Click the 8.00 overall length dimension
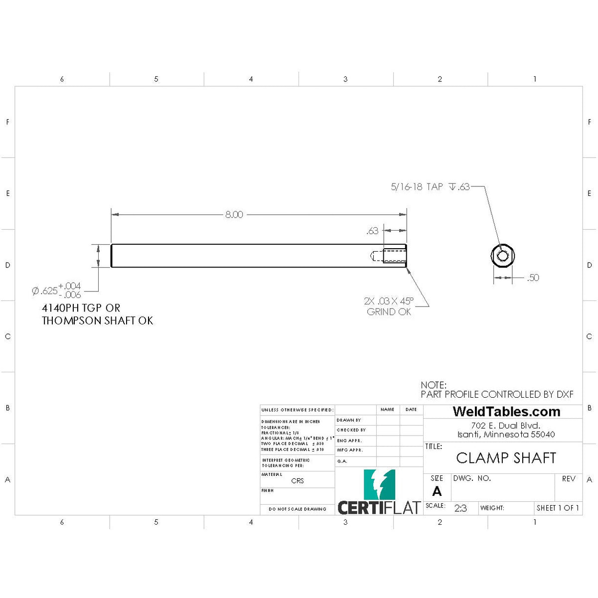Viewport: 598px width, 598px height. (234, 215)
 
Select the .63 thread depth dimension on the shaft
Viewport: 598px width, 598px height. (372, 231)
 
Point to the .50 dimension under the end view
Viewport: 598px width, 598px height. (533, 278)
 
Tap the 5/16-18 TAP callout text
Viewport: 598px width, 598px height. (417, 187)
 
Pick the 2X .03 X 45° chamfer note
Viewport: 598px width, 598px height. (388, 301)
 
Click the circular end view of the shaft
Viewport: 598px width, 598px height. (502, 256)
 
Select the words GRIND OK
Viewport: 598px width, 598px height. (389, 312)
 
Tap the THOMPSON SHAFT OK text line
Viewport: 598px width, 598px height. (98, 320)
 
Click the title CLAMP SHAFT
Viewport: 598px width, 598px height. (506, 458)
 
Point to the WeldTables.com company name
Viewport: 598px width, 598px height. (506, 412)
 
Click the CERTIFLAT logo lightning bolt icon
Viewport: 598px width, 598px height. (379, 484)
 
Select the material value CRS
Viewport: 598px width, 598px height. (298, 481)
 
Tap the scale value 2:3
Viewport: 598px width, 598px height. (460, 508)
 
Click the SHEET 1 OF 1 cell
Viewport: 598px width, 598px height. (558, 508)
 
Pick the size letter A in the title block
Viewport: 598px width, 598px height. (437, 491)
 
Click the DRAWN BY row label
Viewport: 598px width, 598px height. (349, 420)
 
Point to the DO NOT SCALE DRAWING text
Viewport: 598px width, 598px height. (298, 509)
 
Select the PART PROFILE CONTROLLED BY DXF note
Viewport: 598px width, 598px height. (497, 394)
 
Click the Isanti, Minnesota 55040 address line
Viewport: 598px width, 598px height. (506, 435)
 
